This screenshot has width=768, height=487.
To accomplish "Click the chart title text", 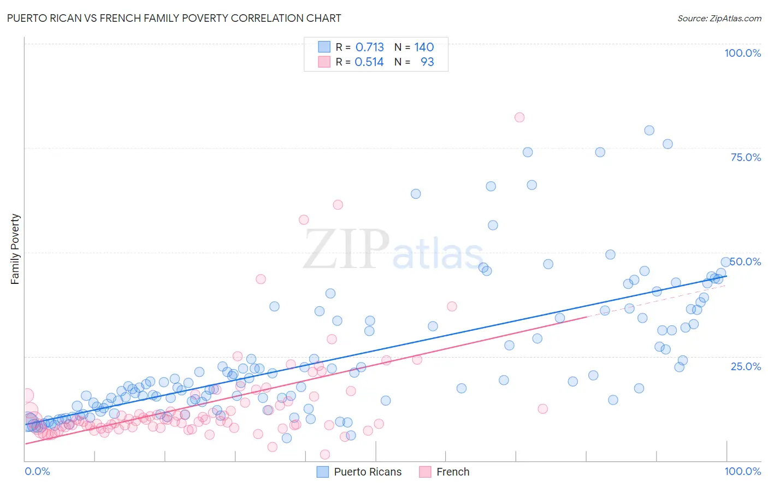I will [174, 18].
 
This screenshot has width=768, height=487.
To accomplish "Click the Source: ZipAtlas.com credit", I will [719, 18].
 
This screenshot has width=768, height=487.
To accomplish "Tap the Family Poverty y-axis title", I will [15, 249].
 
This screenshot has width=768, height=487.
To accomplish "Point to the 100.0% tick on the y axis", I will [742, 53].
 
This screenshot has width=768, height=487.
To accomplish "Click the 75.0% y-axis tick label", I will [746, 157].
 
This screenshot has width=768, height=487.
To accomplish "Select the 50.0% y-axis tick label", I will [746, 262].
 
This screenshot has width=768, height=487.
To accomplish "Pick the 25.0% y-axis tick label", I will [746, 366].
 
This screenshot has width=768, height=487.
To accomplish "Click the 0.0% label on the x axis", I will [37, 471].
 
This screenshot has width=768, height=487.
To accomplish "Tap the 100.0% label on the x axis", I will [742, 471].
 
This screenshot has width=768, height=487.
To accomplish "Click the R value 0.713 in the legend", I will [370, 47].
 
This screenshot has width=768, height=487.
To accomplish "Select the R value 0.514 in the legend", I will [369, 62].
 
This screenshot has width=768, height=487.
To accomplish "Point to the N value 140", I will [424, 47].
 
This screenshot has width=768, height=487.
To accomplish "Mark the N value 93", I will [427, 62].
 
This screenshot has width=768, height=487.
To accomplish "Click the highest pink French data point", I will [519, 117].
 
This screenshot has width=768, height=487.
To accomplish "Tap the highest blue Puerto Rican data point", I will [649, 130].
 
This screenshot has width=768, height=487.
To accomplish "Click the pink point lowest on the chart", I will [325, 454].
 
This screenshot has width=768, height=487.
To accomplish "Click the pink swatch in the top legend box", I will [324, 62].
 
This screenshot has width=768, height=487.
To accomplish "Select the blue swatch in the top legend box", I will [324, 47].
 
